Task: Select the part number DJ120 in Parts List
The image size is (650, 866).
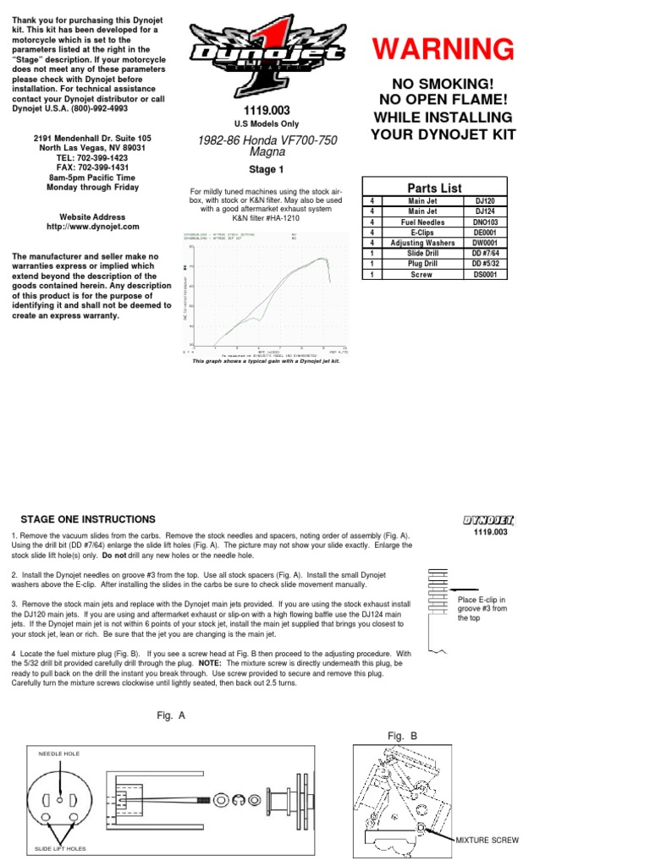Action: [x=485, y=201]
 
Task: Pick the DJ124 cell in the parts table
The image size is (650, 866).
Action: [x=485, y=211]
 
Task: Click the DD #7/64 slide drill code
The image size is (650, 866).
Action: [x=485, y=253]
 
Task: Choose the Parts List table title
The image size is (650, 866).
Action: [x=434, y=187]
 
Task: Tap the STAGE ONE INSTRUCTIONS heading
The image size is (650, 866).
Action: [x=88, y=518]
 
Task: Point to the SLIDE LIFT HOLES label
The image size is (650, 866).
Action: [x=60, y=847]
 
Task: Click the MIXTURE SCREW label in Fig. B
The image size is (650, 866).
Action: [x=487, y=840]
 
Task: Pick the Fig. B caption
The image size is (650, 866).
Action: [x=403, y=736]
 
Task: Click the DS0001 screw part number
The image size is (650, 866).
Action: [x=485, y=274]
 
